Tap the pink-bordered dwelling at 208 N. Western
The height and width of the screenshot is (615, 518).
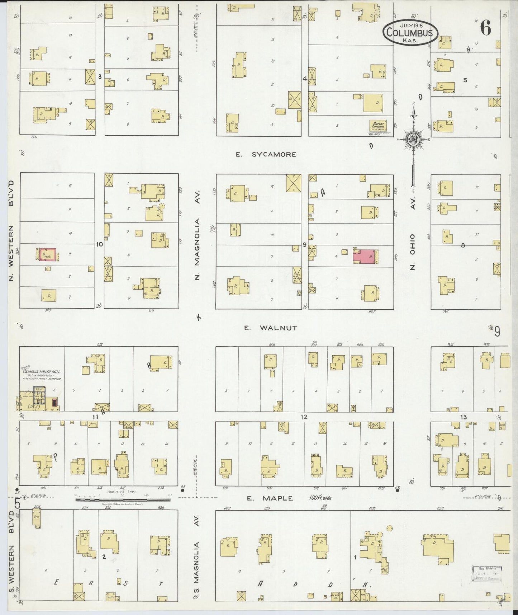(48, 255)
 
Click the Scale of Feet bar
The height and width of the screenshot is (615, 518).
(122, 499)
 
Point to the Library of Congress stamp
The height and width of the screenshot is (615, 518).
(486, 576)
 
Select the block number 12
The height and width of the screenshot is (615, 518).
(304, 417)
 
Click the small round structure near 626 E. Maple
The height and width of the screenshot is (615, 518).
(390, 528)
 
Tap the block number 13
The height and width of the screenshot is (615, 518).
(464, 417)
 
